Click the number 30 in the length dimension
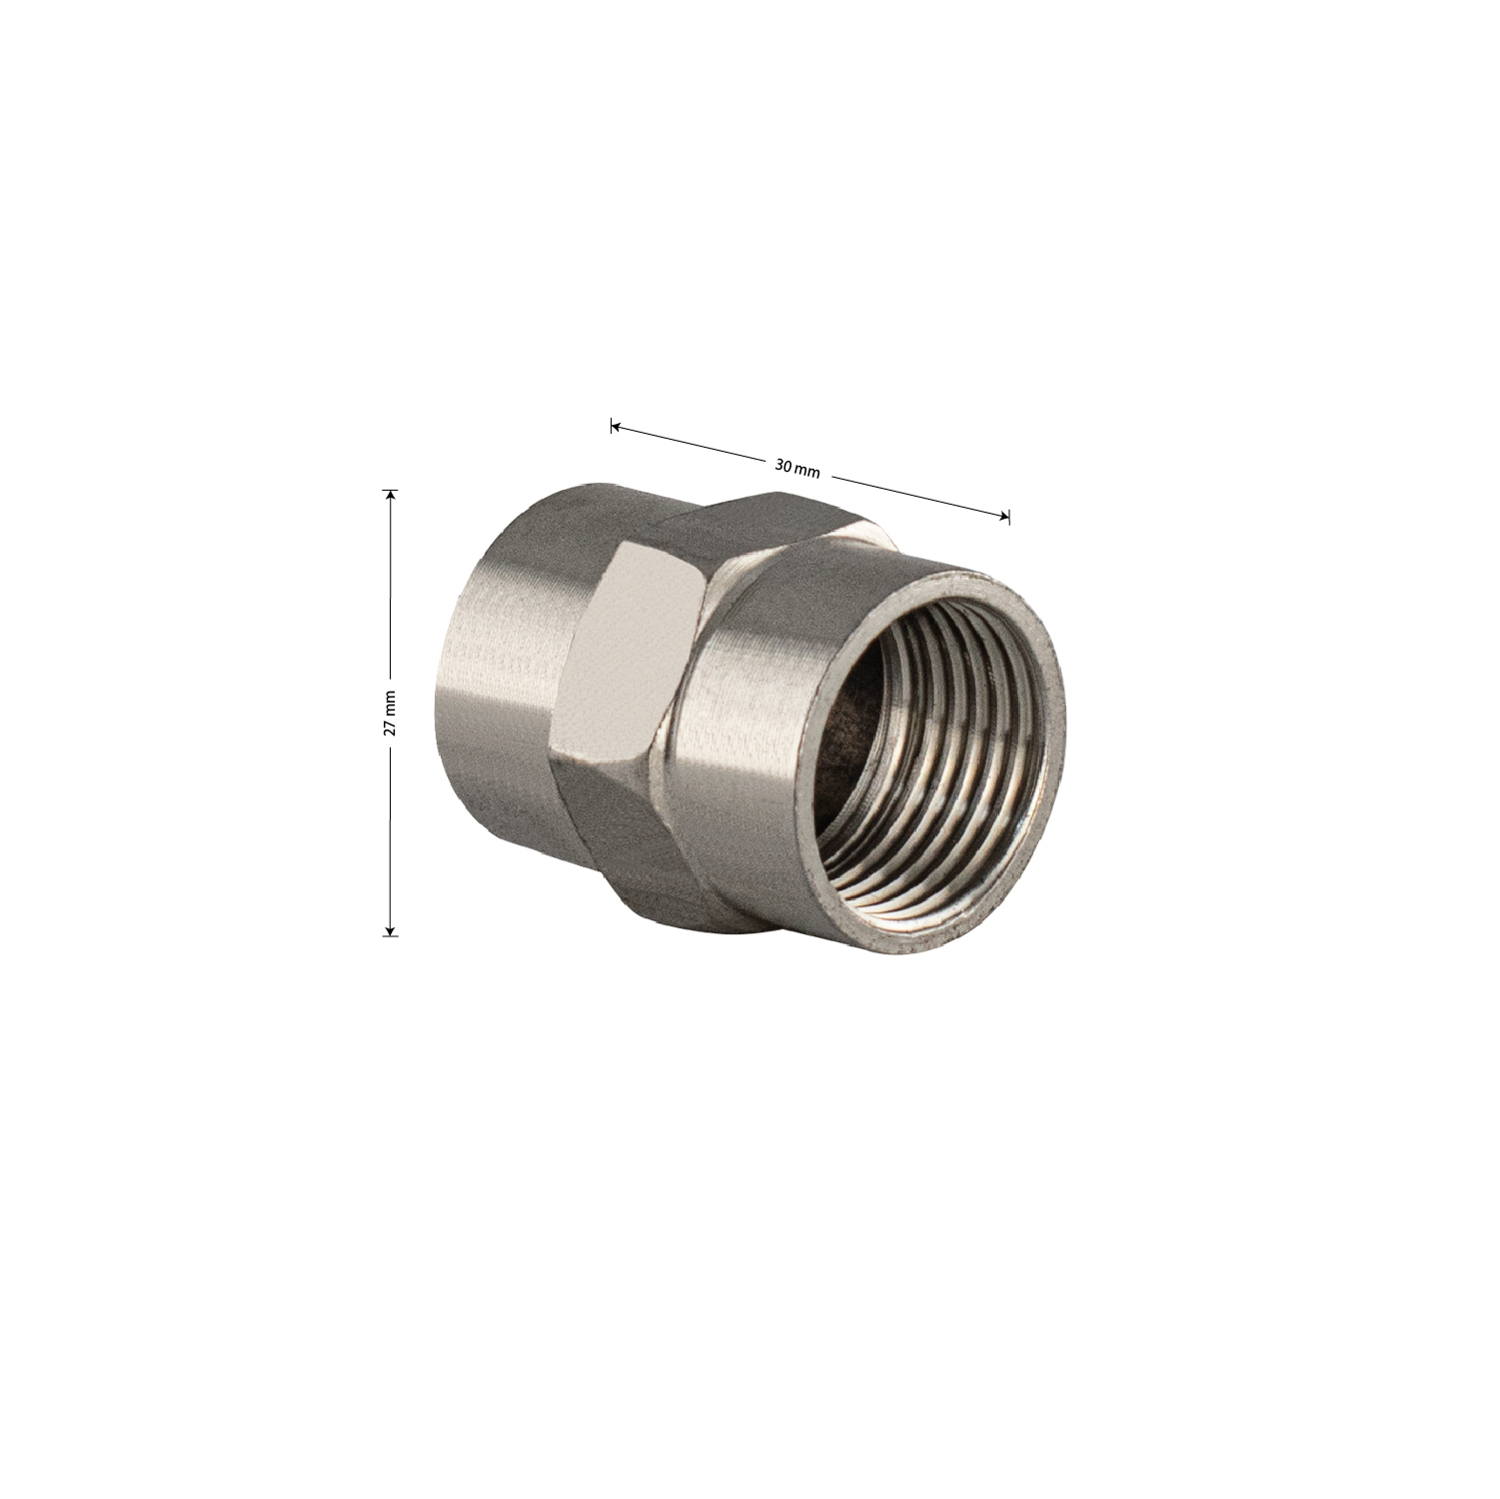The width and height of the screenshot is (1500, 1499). [782, 465]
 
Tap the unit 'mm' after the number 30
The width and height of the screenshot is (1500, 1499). [807, 470]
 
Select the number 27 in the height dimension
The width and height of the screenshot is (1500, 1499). [391, 727]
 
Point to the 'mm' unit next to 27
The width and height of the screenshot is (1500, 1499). [391, 702]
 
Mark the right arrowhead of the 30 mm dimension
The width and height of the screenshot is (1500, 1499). [1002, 515]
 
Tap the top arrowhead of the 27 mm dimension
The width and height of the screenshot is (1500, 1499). [391, 497]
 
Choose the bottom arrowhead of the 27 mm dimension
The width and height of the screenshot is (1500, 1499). [391, 928]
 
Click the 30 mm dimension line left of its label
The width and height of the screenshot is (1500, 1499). [690, 444]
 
